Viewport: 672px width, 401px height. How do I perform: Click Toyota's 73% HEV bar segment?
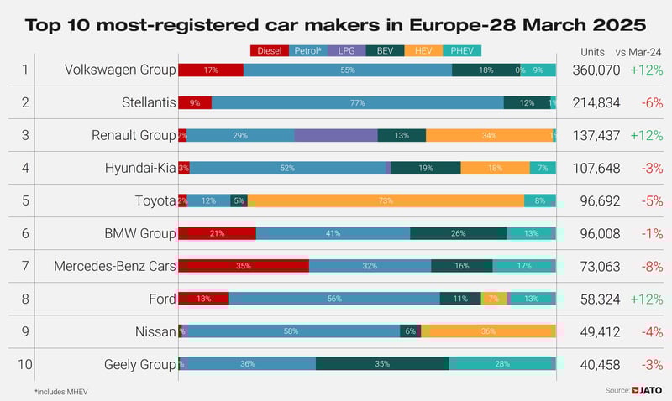pyautogui.click(x=386, y=200)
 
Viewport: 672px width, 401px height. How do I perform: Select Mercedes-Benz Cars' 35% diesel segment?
pyautogui.click(x=244, y=266)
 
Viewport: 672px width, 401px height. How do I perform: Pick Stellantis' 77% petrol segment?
pyautogui.click(x=357, y=102)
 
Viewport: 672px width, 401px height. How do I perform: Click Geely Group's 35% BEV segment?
pyautogui.click(x=382, y=364)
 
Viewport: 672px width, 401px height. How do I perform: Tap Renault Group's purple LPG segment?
pyautogui.click(x=336, y=135)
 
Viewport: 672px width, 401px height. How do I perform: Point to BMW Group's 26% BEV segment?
pyautogui.click(x=458, y=233)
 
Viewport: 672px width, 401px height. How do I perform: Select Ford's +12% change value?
pyautogui.click(x=646, y=299)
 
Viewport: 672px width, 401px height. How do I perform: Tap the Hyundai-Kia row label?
pyautogui.click(x=140, y=168)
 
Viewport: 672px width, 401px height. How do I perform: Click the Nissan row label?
pyautogui.click(x=155, y=331)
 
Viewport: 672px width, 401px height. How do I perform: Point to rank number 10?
pyautogui.click(x=25, y=364)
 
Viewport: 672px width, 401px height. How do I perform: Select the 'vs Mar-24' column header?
pyautogui.click(x=645, y=51)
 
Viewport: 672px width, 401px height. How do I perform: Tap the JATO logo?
pyautogui.click(x=647, y=390)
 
